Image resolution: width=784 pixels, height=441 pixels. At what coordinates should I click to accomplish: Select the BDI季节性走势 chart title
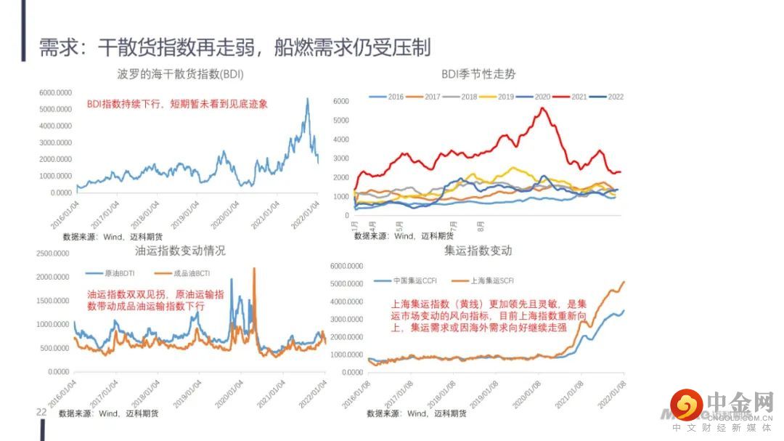[478, 74]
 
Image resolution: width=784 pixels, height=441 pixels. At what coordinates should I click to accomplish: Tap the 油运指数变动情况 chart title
[180, 251]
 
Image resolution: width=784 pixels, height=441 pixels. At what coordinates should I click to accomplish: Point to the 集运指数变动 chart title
[478, 251]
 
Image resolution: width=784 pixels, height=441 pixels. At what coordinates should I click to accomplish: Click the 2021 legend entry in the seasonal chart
[579, 97]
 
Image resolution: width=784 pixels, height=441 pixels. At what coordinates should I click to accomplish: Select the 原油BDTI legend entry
[113, 273]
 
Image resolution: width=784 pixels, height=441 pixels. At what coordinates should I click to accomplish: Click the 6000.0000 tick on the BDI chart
[55, 93]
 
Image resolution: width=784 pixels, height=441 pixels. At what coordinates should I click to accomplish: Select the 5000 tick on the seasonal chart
[341, 121]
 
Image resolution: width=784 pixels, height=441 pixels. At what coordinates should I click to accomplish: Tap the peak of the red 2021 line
[542, 108]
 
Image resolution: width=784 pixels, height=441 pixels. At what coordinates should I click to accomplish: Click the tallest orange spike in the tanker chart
[254, 269]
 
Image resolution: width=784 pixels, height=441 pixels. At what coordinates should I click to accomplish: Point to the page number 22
[41, 412]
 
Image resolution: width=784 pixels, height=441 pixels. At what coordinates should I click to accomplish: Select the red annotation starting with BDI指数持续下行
[177, 104]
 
